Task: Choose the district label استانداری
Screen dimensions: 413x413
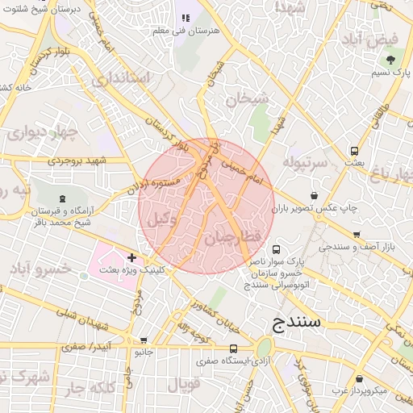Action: pos(122,80)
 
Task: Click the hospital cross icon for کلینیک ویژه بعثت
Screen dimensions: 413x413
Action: pos(132,258)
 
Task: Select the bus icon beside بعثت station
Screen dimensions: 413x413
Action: pos(354,151)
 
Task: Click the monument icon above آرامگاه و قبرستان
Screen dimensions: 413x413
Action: pos(63,198)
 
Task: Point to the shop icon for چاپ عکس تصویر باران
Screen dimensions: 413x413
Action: pos(314,195)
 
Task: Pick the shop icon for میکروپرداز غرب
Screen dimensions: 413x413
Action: pos(357,378)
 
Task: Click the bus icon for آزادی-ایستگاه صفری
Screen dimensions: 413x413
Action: pos(233,348)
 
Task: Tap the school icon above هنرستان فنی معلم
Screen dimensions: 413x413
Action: pos(184,18)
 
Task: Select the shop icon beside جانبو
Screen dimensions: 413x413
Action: pos(144,341)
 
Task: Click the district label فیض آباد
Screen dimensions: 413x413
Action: pos(382,39)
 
